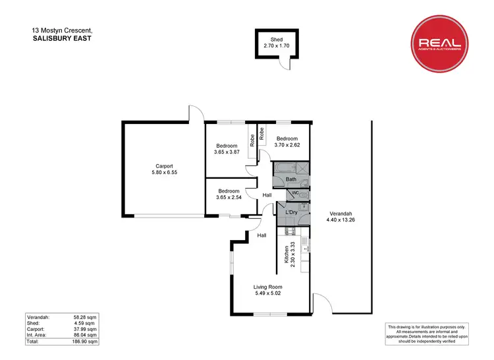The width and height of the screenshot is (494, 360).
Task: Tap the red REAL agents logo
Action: (x=440, y=44)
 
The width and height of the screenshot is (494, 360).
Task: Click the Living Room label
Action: (x=268, y=287)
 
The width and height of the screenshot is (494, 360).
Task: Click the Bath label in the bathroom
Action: (x=290, y=180)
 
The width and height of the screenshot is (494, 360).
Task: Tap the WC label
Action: (x=296, y=193)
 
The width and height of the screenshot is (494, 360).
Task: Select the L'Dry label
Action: (x=292, y=212)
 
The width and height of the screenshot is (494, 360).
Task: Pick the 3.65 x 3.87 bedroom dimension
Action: (x=227, y=152)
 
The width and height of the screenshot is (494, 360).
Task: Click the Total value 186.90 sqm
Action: (x=84, y=342)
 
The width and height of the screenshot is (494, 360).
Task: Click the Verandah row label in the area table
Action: (x=40, y=317)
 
